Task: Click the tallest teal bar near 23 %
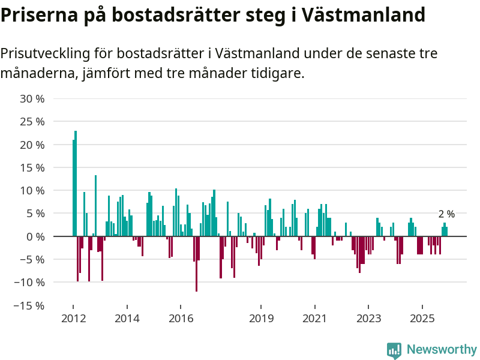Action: [76, 183]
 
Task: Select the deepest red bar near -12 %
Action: [196, 264]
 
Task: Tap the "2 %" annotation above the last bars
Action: [446, 214]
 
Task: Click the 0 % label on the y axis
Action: [35, 236]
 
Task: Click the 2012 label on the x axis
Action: [73, 318]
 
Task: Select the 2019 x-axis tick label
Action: [260, 318]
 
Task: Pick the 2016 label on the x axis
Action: [181, 318]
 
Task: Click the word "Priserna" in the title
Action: [37, 14]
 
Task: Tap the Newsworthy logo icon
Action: [394, 350]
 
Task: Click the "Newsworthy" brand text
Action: [442, 350]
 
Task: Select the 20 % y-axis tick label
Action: [32, 145]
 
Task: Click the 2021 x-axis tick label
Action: [314, 318]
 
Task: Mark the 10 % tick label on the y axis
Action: [32, 190]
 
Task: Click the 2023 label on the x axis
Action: [368, 318]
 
